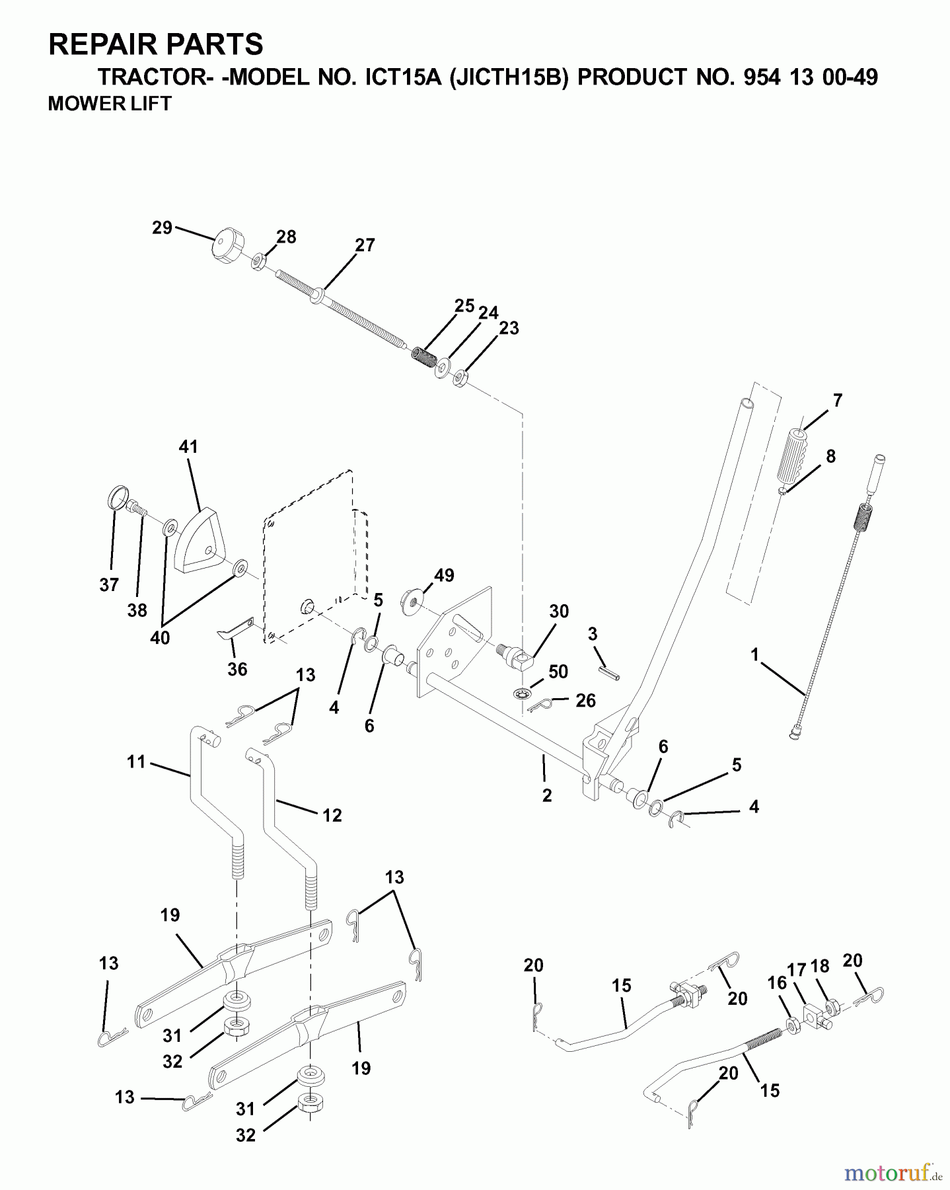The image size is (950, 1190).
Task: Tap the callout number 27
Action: (365, 245)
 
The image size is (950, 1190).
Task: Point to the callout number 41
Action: (188, 447)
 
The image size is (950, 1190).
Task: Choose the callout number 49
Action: (444, 575)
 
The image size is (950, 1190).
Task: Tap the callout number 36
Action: (237, 669)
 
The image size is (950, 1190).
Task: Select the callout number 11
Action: (135, 762)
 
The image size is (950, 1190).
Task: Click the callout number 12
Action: (332, 815)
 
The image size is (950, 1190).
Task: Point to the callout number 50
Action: (558, 672)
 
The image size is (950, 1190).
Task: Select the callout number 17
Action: (797, 970)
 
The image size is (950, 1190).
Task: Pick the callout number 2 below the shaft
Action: (546, 796)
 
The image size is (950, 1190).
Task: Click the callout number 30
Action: (559, 611)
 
